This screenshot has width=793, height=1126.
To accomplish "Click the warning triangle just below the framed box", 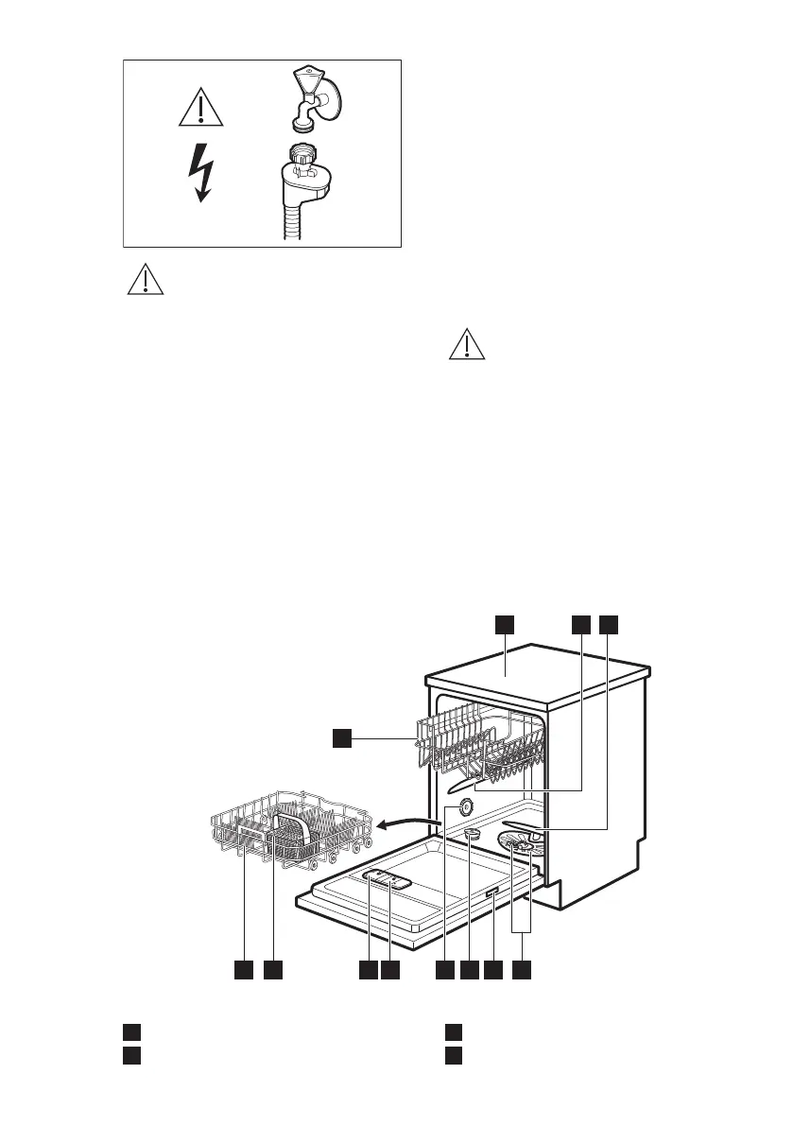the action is (145, 281).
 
